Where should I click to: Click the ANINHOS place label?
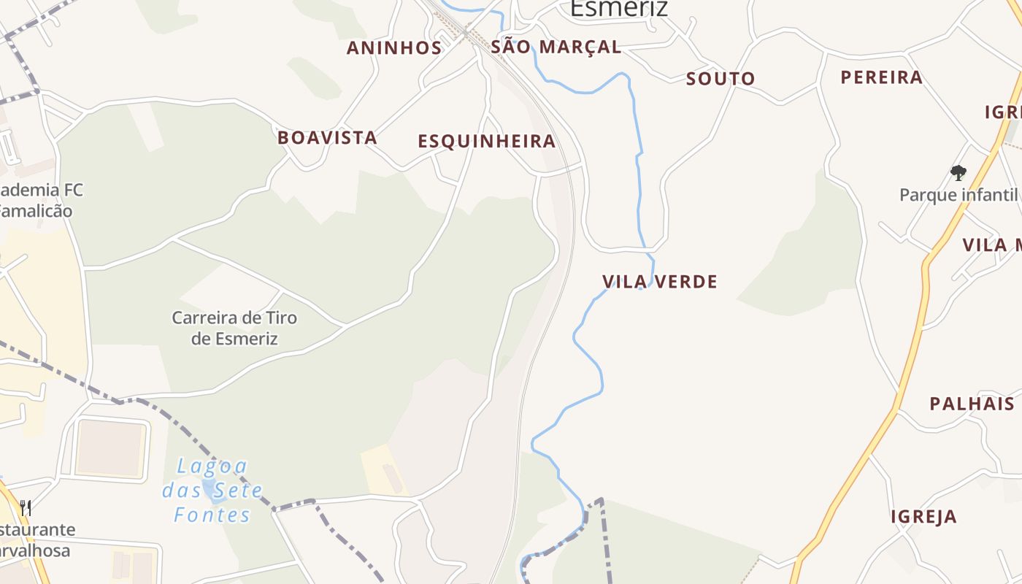(x=394, y=48)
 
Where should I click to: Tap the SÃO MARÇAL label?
(x=556, y=47)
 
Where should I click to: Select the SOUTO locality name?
(x=720, y=79)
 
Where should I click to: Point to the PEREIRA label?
(x=881, y=77)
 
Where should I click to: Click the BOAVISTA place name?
(x=327, y=137)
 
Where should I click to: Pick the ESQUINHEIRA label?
(x=486, y=141)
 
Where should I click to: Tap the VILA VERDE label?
(x=659, y=282)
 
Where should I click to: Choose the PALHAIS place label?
(x=972, y=404)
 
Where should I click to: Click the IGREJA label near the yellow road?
(x=923, y=517)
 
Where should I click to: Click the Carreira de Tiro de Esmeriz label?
(x=234, y=328)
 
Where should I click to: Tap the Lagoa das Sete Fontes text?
(x=212, y=490)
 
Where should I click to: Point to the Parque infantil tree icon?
(x=958, y=173)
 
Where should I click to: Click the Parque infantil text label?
(x=958, y=195)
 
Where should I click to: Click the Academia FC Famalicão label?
(x=40, y=201)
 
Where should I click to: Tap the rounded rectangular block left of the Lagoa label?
(x=111, y=447)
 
